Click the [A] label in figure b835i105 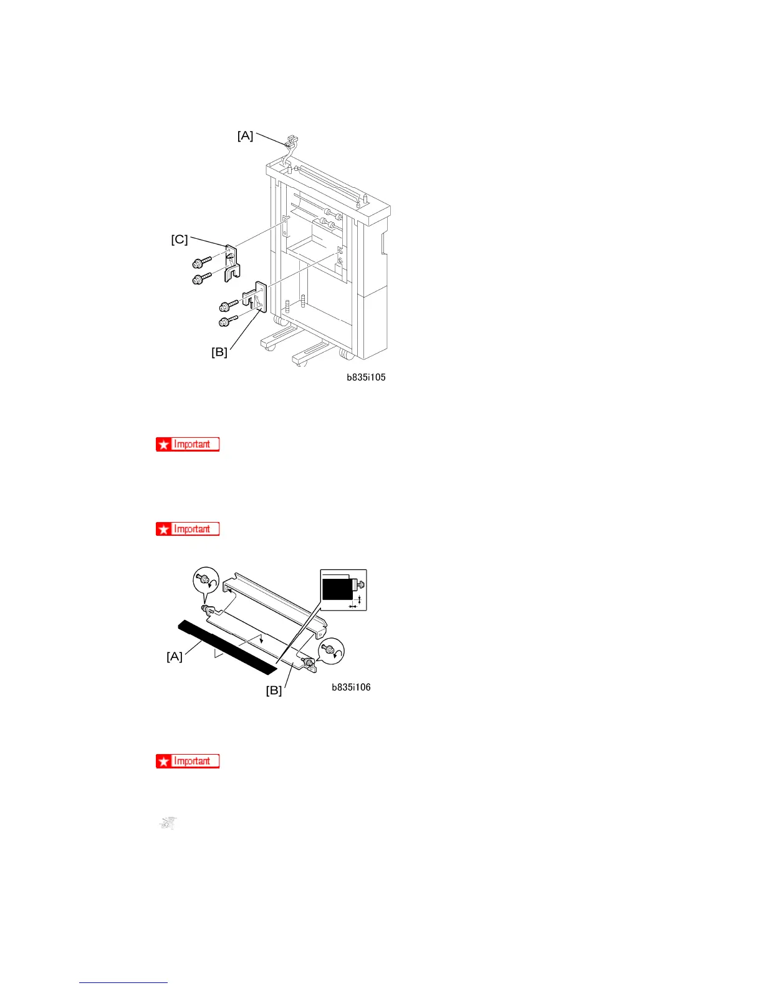[246, 135]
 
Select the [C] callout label [180, 240]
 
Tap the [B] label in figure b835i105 [219, 352]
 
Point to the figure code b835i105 [366, 377]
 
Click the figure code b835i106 [351, 687]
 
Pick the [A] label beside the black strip [175, 656]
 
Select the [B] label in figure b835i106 [274, 690]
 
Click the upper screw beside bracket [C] [201, 263]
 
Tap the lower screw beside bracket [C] [201, 279]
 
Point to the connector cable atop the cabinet [289, 148]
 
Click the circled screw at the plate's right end [330, 652]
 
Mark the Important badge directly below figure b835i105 [188, 444]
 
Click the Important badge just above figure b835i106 [188, 529]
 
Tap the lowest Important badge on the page [188, 761]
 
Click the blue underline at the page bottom [123, 982]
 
